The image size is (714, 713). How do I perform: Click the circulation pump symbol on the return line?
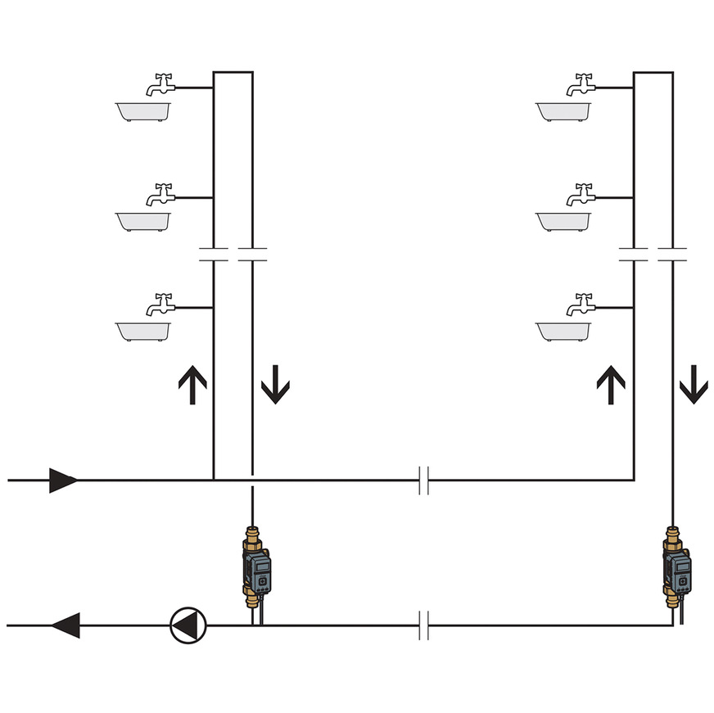point(188,625)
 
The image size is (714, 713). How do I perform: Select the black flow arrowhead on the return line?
point(66,625)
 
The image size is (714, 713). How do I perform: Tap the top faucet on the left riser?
point(161,84)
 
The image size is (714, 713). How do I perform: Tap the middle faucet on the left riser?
point(161,194)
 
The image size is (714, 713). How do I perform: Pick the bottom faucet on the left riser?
point(161,305)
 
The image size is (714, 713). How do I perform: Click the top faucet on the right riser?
point(581,84)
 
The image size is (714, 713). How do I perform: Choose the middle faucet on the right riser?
point(581,194)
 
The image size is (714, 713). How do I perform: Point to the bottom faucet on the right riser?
point(581,305)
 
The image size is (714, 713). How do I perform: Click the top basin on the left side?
point(143,112)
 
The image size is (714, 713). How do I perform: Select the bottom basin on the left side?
point(143,331)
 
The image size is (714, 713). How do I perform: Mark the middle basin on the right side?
point(563,221)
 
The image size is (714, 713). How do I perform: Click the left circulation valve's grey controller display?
point(260,571)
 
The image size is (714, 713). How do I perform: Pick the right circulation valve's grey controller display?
point(680,571)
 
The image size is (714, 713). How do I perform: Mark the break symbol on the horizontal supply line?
point(423,481)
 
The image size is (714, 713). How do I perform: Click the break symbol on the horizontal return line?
point(423,625)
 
